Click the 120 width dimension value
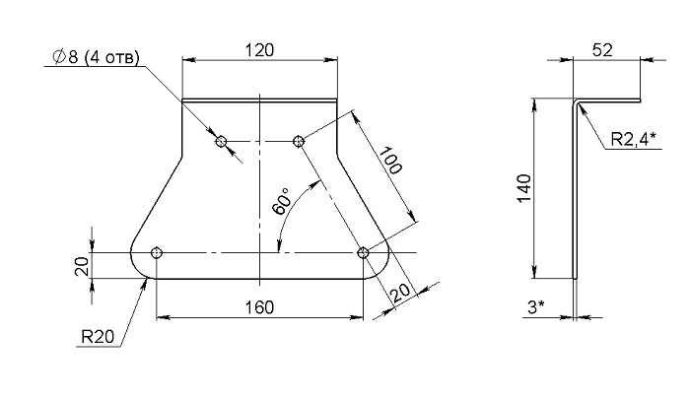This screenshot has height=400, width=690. click(x=259, y=49)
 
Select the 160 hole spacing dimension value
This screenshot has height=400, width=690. click(x=259, y=307)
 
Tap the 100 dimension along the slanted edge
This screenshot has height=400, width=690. click(x=390, y=161)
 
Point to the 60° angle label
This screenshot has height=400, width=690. click(x=283, y=202)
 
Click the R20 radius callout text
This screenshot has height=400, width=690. click(x=98, y=337)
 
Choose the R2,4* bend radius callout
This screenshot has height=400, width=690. click(x=633, y=139)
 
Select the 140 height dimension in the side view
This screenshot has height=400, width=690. click(x=524, y=188)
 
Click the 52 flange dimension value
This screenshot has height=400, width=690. click(x=602, y=50)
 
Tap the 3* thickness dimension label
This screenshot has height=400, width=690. click(x=536, y=307)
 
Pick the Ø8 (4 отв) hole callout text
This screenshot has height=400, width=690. click(x=96, y=57)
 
